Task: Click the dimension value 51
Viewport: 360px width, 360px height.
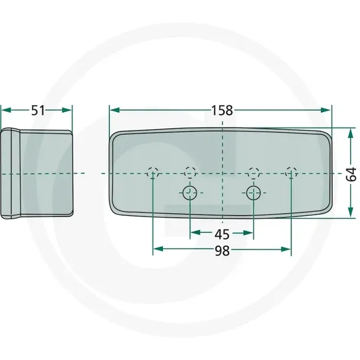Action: coord(38,110)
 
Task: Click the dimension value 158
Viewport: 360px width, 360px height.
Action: coord(222,110)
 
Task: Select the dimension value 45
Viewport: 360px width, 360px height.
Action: coord(222,234)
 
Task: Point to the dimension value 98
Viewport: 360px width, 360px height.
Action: coord(222,251)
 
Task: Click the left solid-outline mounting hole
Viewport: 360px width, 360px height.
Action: coord(190,193)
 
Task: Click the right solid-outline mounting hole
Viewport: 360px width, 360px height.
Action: coord(253,193)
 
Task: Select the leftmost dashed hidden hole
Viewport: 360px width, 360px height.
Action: coord(153,173)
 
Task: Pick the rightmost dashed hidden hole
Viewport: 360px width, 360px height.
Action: coord(291,173)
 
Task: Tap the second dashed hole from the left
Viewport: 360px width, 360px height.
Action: coord(191,173)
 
